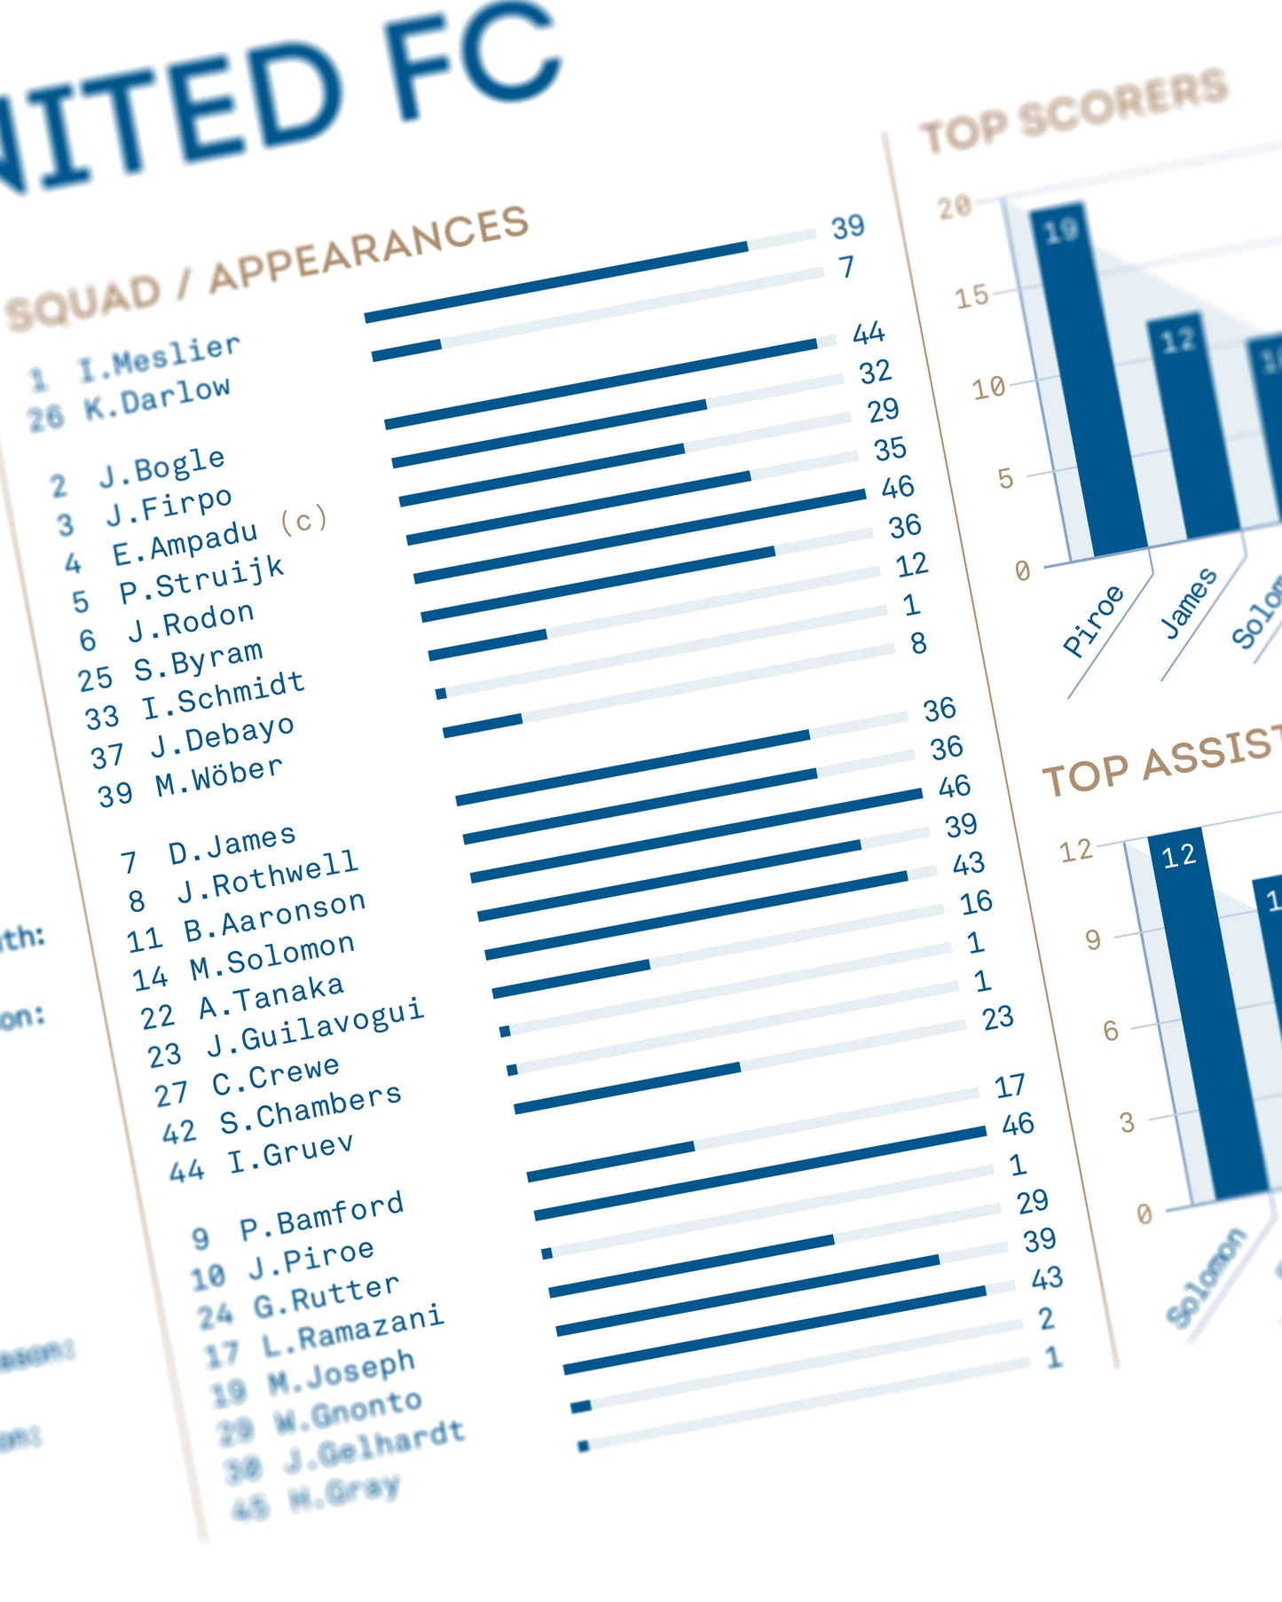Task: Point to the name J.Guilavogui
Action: [315, 1025]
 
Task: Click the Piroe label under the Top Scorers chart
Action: [1093, 621]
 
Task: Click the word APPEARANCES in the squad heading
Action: [368, 249]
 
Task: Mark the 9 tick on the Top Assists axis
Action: [1093, 939]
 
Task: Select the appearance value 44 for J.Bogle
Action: [869, 334]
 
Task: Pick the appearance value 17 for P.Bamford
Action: [1010, 1086]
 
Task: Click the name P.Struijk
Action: [201, 579]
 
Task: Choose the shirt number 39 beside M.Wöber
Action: [115, 795]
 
